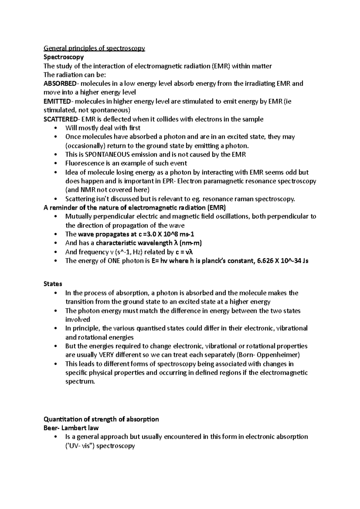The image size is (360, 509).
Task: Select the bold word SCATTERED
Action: [x=60, y=119]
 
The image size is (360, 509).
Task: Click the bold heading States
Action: [x=53, y=284]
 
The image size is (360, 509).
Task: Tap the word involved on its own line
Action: [x=77, y=320]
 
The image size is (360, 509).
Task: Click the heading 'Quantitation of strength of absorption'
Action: [x=101, y=419]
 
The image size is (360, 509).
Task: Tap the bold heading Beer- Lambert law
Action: [x=71, y=428]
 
